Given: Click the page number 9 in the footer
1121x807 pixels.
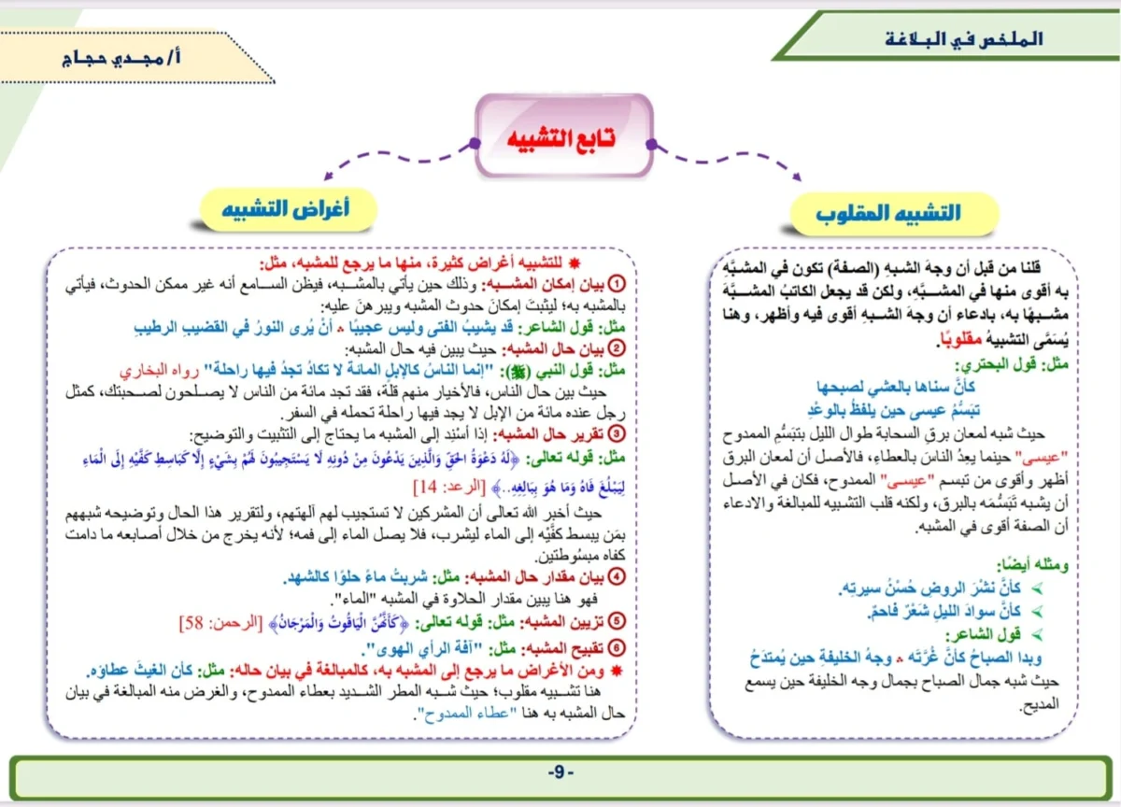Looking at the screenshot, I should click(560, 773).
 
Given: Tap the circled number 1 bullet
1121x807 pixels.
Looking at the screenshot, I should click(616, 282).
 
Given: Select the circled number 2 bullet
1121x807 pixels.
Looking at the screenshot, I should click(616, 349).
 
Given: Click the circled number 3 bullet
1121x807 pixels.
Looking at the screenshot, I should click(616, 434).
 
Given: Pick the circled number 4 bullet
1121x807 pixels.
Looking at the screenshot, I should click(616, 576).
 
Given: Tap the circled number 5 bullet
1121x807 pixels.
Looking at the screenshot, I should click(616, 620).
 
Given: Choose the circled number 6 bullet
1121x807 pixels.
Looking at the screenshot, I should click(616, 648).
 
